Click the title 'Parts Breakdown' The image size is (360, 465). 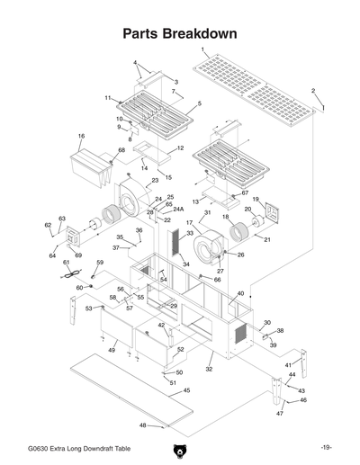[180, 34]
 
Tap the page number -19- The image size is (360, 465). [325, 448]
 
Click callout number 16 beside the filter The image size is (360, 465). [81, 137]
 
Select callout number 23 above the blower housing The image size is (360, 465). [155, 181]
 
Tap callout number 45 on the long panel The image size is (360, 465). [186, 390]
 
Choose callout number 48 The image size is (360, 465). [143, 425]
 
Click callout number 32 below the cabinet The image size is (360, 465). [209, 369]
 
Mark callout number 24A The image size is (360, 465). [178, 209]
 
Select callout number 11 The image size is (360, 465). [107, 97]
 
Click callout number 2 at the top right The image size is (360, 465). [313, 91]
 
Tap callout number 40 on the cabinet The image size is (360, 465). [240, 294]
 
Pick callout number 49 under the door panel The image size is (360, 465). [112, 349]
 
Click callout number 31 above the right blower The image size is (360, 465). [207, 213]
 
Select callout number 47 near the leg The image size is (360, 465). [280, 413]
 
